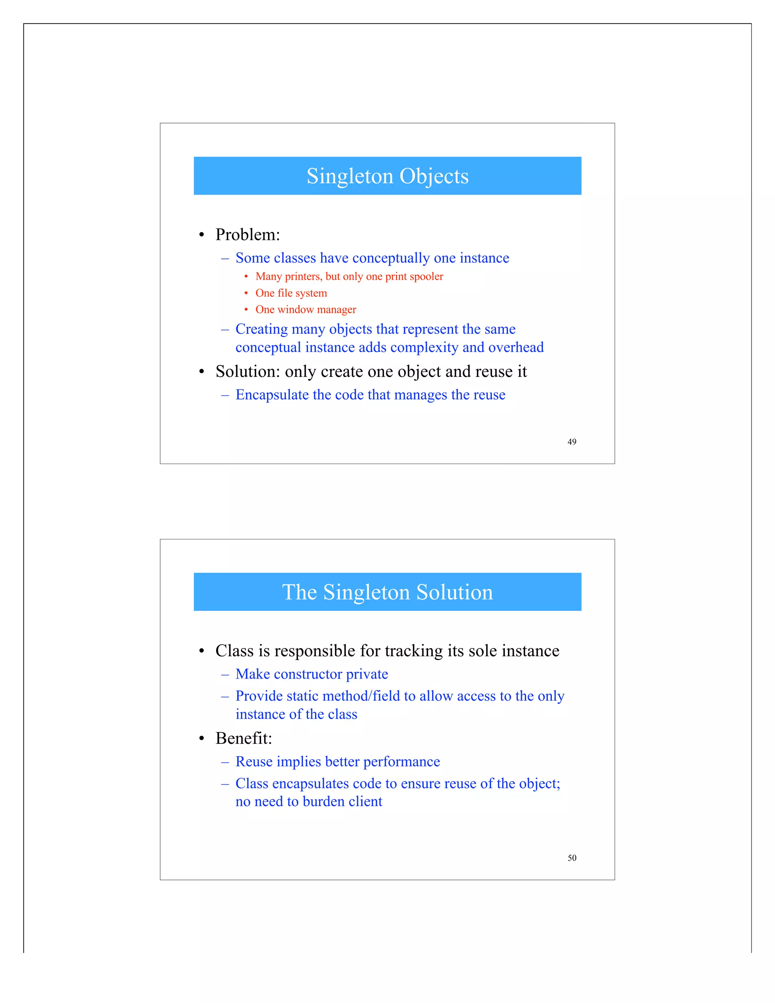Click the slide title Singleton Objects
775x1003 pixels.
[x=387, y=176]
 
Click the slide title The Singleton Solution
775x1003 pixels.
[x=387, y=592]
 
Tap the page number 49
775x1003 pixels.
[x=572, y=442]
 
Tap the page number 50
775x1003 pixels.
[x=572, y=858]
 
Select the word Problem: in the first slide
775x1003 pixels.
[x=247, y=235]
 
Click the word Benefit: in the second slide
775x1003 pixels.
[x=244, y=738]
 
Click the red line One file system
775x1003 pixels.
[x=291, y=293]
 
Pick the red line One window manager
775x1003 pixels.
[x=306, y=310]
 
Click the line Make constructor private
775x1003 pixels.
[x=312, y=674]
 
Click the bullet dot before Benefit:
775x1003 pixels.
[x=201, y=739]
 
